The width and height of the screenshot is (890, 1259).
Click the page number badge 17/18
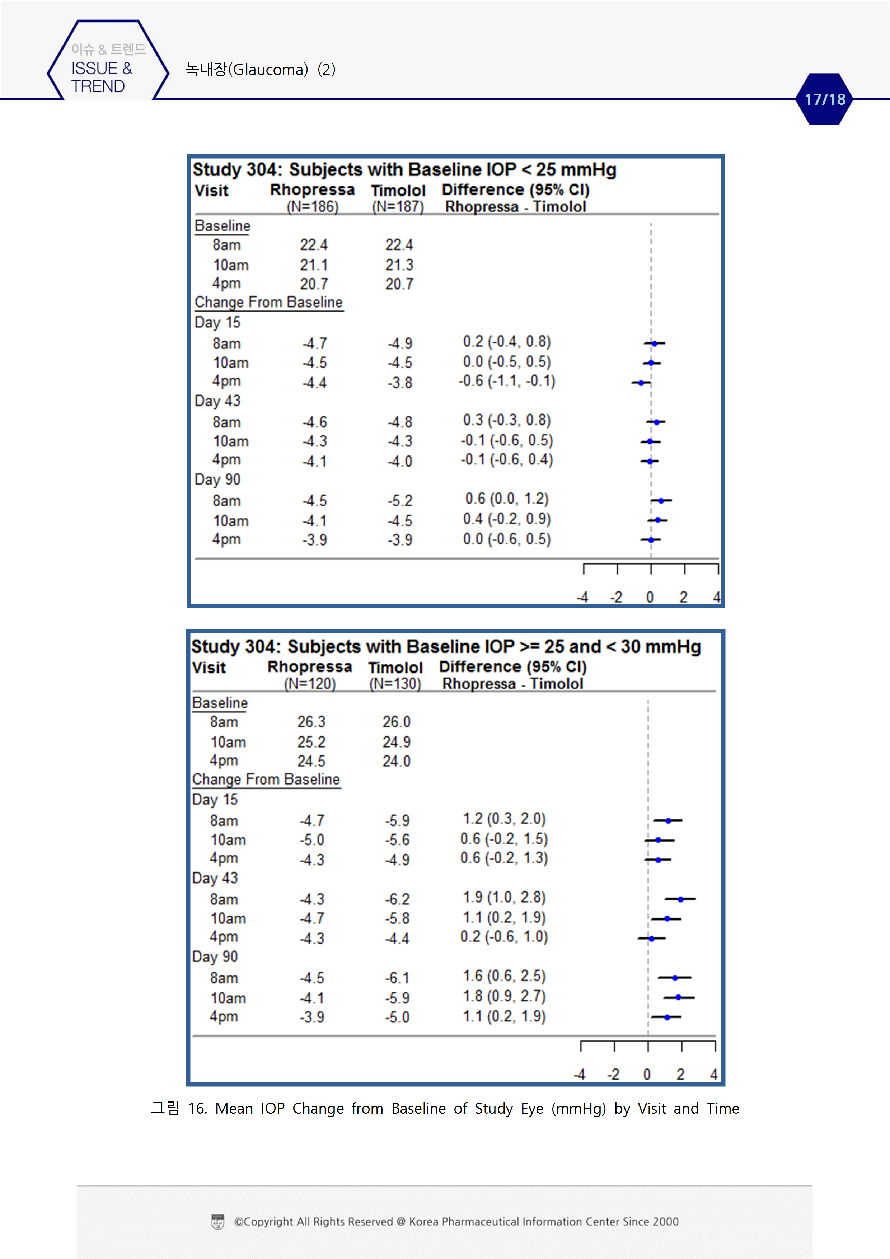tap(824, 99)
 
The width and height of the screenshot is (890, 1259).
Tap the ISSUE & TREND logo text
tap(102, 77)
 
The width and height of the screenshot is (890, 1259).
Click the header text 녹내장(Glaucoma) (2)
tap(261, 70)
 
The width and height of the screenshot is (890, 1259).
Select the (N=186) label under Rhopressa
tap(313, 207)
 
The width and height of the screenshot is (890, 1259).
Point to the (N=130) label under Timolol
tap(395, 684)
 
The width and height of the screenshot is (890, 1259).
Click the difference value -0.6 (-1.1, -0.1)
tap(507, 381)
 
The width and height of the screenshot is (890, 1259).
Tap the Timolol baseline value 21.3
tap(399, 265)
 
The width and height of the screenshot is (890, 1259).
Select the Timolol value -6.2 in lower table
tap(397, 900)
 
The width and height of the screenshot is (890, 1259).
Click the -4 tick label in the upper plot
tap(582, 597)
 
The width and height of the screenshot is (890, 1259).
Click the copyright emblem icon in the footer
tap(218, 1222)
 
